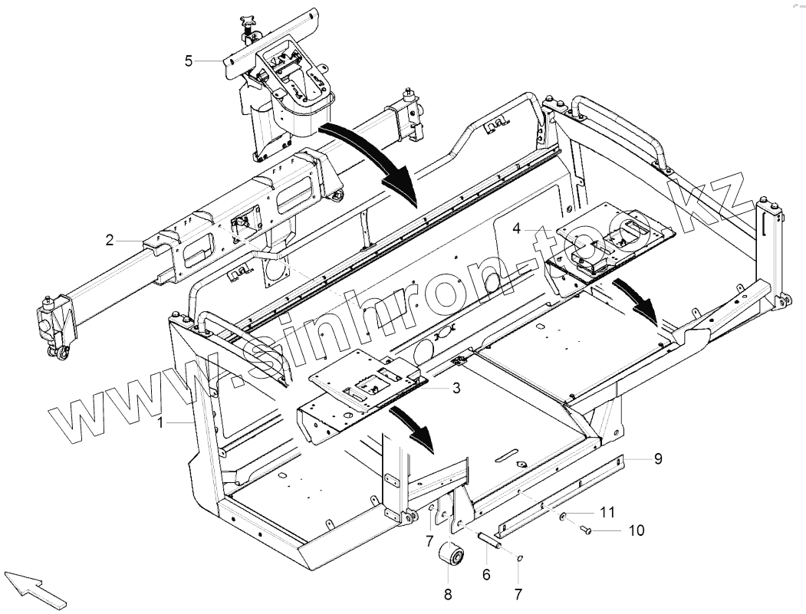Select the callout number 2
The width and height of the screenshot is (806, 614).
(x=110, y=240)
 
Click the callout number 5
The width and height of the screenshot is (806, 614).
(x=189, y=61)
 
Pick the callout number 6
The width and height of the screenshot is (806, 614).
(x=486, y=574)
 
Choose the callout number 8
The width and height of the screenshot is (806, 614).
(x=448, y=593)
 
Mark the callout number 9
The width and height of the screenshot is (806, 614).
(x=658, y=459)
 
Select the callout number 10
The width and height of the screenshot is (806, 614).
(x=637, y=530)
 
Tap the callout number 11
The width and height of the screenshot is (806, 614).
(x=607, y=511)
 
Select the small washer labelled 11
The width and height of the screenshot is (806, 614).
(x=562, y=517)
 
